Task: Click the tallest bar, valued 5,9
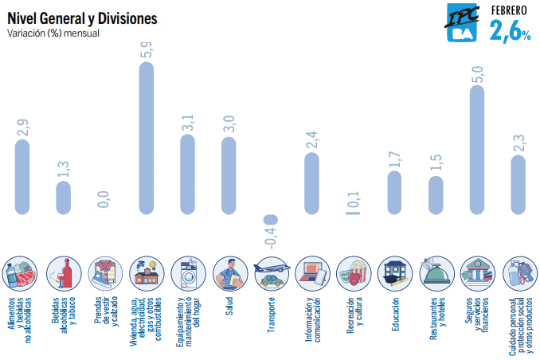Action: [x=147, y=139]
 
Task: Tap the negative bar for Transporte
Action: [x=271, y=219]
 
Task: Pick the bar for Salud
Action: [x=229, y=176]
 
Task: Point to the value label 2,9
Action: [x=22, y=127]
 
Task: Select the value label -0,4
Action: [x=271, y=237]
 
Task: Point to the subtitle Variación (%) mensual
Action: [x=53, y=34]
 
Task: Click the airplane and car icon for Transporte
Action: [x=271, y=273]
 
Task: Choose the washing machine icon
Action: [x=188, y=273]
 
